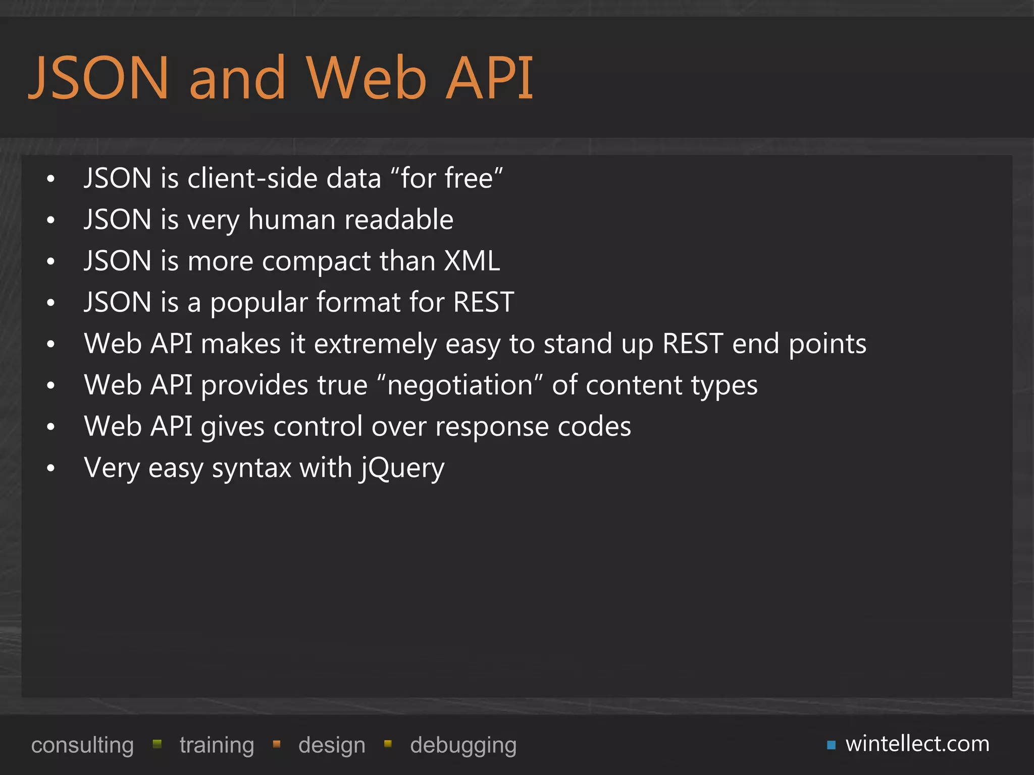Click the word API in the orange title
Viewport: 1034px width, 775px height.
(490, 78)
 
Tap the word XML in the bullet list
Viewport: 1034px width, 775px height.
(472, 261)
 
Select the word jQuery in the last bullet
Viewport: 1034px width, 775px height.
(402, 468)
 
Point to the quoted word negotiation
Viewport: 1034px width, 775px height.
(460, 385)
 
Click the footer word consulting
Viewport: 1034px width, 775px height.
(82, 745)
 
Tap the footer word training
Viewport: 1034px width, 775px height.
(217, 745)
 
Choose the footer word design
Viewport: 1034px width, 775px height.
(332, 745)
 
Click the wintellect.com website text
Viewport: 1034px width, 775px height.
(917, 744)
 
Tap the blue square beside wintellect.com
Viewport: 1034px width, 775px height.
(831, 745)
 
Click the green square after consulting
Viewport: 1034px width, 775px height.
(157, 744)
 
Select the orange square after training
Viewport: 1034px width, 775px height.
(277, 744)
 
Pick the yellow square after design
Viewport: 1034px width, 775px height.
(388, 744)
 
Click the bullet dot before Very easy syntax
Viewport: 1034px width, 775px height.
(50, 469)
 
